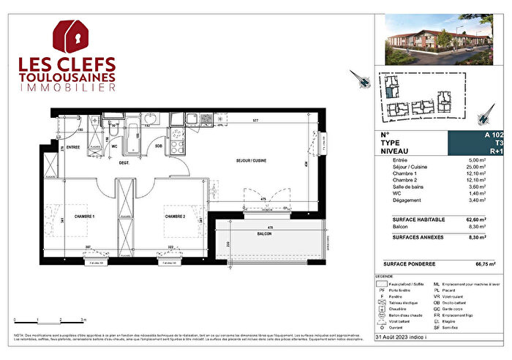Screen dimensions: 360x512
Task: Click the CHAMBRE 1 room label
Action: pos(83,217)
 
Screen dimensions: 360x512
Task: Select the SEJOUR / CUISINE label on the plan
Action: pos(251,160)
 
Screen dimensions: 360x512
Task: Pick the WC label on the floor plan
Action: pos(114,146)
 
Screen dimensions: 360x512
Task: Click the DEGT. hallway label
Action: pos(125,163)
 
